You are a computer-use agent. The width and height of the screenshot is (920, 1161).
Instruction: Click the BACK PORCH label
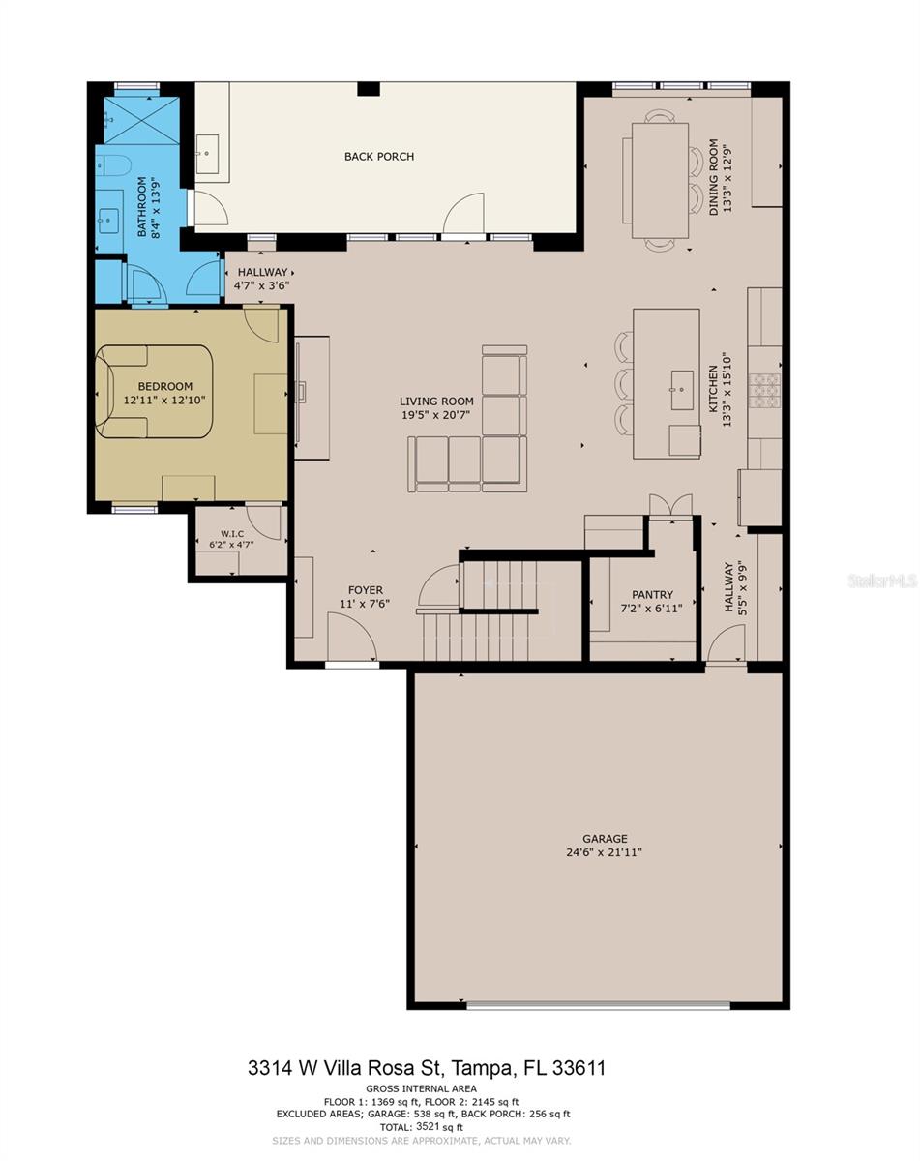pyautogui.click(x=379, y=157)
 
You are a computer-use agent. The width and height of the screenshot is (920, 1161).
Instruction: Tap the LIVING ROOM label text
pyautogui.click(x=436, y=402)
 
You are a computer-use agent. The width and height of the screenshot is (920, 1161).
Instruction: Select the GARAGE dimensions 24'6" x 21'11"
pyautogui.click(x=605, y=852)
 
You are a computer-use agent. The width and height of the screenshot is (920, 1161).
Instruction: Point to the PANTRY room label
pyautogui.click(x=652, y=594)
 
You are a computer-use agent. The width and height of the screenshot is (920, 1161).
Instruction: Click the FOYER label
pyautogui.click(x=366, y=590)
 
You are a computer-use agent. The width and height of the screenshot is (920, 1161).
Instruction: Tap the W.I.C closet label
pyautogui.click(x=232, y=533)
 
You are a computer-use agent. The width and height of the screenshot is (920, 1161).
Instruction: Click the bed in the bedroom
pyautogui.click(x=155, y=391)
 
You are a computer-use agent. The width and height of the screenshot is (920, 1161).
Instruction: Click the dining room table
pyautogui.click(x=660, y=180)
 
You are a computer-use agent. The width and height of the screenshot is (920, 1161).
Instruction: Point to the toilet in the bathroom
pyautogui.click(x=112, y=165)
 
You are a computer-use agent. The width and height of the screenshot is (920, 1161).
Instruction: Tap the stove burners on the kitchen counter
pyautogui.click(x=764, y=390)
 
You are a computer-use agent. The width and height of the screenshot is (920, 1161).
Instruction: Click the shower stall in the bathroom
pyautogui.click(x=141, y=120)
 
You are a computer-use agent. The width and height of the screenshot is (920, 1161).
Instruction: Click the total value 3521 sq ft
pyautogui.click(x=439, y=1126)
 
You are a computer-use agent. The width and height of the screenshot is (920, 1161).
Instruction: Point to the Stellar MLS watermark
pyautogui.click(x=883, y=580)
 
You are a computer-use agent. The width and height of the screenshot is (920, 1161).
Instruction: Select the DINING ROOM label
pyautogui.click(x=713, y=177)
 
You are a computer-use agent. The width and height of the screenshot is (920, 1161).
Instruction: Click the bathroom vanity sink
pyautogui.click(x=110, y=221)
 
